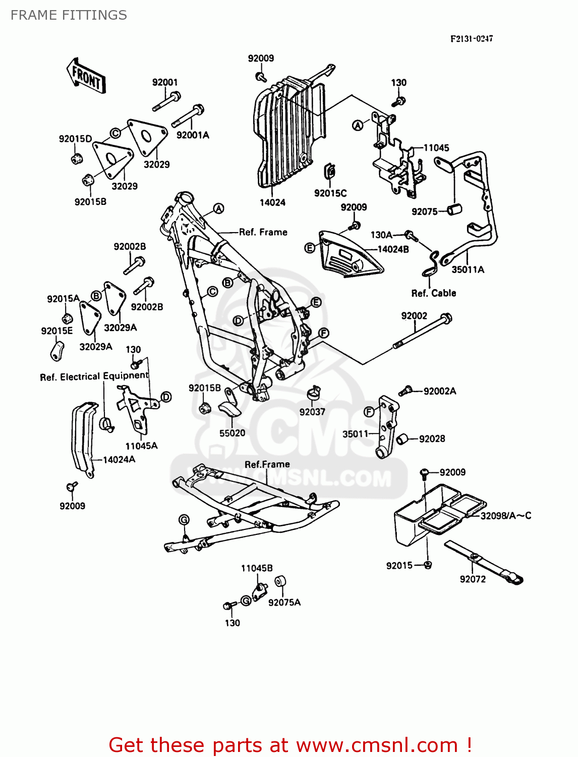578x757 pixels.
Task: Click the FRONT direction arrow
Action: pos(86,76)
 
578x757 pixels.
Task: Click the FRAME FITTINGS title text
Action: pos(69,15)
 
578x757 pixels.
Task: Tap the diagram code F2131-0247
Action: pos(471,38)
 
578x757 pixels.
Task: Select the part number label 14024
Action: pos(272,202)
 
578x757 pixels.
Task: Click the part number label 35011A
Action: pos(468,269)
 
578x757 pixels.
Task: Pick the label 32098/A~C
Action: pos(505,515)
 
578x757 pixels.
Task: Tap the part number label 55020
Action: pos(232,433)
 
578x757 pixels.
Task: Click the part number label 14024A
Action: pos(119,459)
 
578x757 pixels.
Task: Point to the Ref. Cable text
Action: pos(433,293)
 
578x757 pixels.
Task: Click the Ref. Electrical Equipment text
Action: pos(94,376)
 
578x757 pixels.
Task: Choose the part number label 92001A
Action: pos(193,135)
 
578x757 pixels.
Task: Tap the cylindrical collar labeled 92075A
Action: pos(280,582)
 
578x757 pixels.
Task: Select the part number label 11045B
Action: pos(257,568)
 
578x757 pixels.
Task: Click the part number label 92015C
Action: pos(330,193)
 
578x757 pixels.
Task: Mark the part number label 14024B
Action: pos(393,249)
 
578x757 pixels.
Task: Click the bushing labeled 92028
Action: pos(402,440)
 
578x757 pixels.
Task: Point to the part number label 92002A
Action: pos(439,391)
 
